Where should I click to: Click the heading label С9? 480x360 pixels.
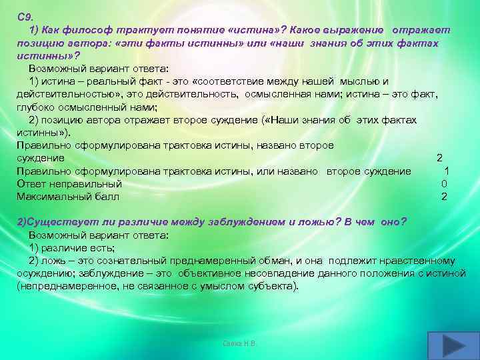click(25, 17)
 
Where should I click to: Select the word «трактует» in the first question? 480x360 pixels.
click(137, 31)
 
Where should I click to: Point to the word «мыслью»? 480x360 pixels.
click(360, 82)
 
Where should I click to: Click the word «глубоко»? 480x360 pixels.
click(38, 107)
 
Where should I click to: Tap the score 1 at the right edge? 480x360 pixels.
click(446, 171)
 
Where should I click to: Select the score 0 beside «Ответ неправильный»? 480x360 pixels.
click(444, 183)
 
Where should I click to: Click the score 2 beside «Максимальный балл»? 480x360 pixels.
click(444, 196)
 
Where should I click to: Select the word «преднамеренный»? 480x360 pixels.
click(204, 260)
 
